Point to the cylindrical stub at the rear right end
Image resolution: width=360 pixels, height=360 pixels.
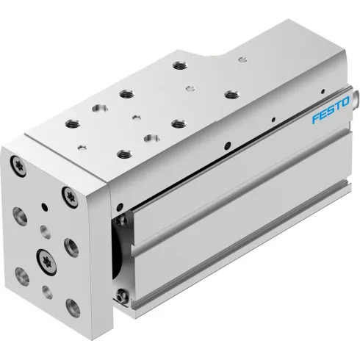click(356, 97)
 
